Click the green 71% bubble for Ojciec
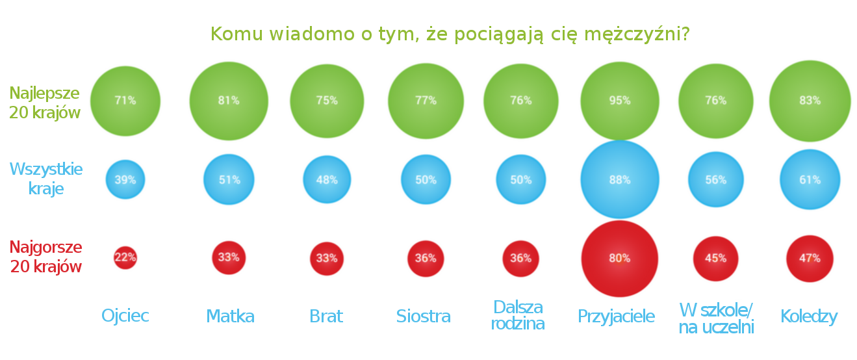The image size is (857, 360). click(x=125, y=101)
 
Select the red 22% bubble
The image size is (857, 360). click(x=125, y=257)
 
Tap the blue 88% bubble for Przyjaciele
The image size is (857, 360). click(x=620, y=179)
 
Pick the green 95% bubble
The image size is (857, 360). click(x=620, y=101)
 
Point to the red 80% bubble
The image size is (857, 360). click(x=620, y=258)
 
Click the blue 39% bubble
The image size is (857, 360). click(x=125, y=179)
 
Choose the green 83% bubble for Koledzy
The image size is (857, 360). click(x=810, y=101)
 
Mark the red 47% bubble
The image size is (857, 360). click(x=810, y=258)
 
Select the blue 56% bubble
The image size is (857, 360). click(x=716, y=179)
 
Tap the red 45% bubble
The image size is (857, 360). click(x=716, y=258)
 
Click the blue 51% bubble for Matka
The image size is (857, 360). click(x=229, y=179)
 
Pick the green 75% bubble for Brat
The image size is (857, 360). click(x=327, y=101)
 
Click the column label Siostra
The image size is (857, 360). click(x=424, y=316)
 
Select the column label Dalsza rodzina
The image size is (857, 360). click(x=518, y=315)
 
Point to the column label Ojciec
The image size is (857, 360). click(x=125, y=316)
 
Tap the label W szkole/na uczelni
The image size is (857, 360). click(x=716, y=318)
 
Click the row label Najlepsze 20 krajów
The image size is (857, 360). click(x=45, y=103)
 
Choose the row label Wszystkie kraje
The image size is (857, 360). click(x=46, y=179)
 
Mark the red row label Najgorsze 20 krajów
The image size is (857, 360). click(x=45, y=257)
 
